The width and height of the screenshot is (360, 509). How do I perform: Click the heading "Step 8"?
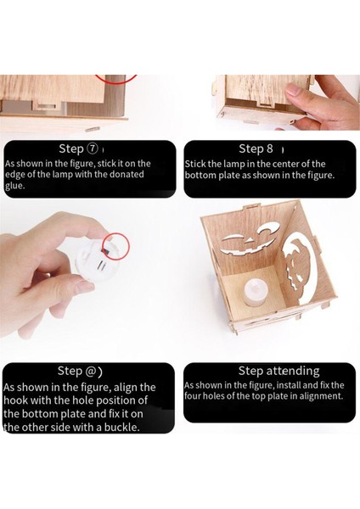256,148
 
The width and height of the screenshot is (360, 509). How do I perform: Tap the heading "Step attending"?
278,371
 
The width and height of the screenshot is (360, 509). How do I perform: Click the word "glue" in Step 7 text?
14,186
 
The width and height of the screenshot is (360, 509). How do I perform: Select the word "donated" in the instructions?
127,174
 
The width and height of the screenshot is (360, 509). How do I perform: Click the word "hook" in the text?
15,400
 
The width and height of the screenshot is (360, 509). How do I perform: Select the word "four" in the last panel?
192,396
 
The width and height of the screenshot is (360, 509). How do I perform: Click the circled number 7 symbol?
93,149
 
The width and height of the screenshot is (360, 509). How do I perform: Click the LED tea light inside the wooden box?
257,292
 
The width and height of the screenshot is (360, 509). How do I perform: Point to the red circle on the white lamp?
116,246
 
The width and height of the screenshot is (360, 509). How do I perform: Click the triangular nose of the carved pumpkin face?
250,240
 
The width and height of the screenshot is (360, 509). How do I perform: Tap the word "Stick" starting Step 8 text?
195,164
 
